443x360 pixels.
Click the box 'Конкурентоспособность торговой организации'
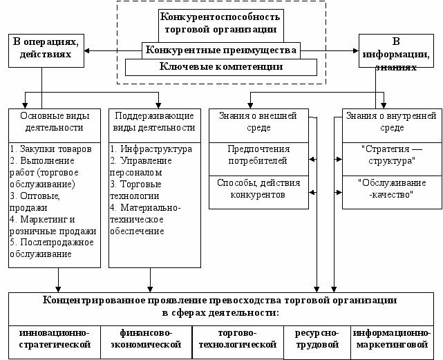pyautogui.click(x=220, y=23)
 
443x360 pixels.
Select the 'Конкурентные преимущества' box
pyautogui.click(x=220, y=50)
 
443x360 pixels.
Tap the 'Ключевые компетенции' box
pyautogui.click(x=220, y=67)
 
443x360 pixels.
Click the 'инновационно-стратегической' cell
pyautogui.click(x=55, y=338)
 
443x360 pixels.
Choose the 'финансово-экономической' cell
pyautogui.click(x=145, y=338)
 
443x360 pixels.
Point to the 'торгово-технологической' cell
pyautogui.click(x=237, y=338)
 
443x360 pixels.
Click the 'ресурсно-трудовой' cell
pyautogui.click(x=317, y=338)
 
